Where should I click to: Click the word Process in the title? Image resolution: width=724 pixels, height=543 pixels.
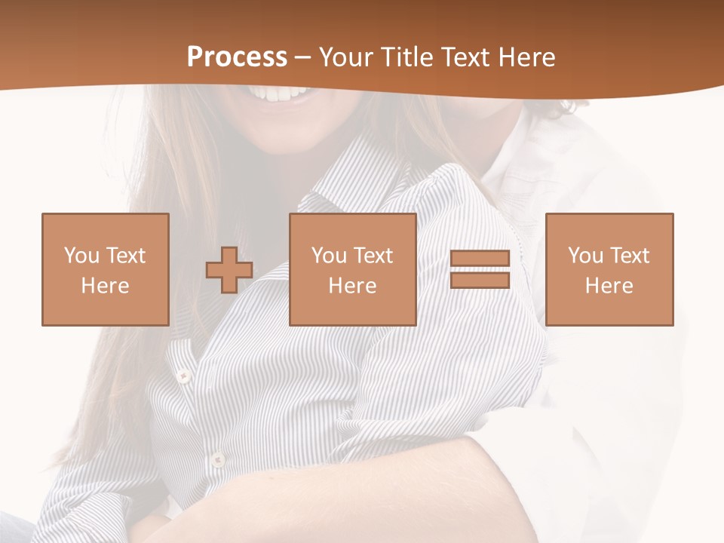[237, 57]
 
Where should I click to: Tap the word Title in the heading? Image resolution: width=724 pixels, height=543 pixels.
[406, 57]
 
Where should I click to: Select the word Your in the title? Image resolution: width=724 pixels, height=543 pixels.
[348, 57]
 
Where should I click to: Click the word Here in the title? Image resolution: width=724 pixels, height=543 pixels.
[529, 57]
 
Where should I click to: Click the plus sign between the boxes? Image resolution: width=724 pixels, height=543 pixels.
[229, 269]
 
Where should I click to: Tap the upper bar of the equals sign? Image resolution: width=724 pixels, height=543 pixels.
[480, 259]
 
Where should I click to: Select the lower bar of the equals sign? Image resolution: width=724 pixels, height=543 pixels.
[480, 280]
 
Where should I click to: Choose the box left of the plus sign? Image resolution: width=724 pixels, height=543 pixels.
[105, 269]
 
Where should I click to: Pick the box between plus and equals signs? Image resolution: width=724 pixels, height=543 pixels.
[352, 269]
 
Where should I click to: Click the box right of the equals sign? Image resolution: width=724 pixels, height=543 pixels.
[609, 269]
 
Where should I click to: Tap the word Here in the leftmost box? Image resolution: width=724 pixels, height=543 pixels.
[105, 286]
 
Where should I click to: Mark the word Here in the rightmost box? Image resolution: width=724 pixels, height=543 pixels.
[609, 286]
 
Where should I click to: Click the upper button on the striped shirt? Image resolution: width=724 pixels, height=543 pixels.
[182, 375]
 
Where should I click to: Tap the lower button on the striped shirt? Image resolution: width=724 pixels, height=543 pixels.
[217, 458]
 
